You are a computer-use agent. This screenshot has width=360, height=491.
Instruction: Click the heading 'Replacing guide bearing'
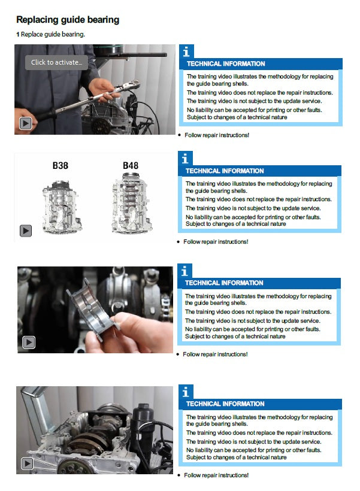(68, 20)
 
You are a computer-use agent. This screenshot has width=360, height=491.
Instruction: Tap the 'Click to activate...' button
(56, 62)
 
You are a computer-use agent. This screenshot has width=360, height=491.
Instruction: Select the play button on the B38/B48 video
(26, 231)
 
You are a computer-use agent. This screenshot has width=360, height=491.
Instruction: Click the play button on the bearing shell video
(29, 343)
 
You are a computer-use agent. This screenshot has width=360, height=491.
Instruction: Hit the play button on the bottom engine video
(28, 463)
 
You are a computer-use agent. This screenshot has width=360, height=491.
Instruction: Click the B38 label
(60, 165)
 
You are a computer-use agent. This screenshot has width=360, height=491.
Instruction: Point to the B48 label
(131, 165)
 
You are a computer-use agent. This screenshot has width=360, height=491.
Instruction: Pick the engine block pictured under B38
(62, 207)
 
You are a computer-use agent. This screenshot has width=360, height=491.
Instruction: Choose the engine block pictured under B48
(132, 204)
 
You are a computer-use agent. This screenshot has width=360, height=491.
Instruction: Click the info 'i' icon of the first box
(186, 51)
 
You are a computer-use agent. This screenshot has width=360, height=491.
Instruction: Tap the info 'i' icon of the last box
(186, 392)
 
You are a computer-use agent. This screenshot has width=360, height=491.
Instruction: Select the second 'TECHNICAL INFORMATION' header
(225, 171)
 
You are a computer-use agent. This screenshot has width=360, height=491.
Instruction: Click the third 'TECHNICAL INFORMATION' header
(224, 283)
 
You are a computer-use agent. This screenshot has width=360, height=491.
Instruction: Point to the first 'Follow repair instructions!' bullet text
(217, 135)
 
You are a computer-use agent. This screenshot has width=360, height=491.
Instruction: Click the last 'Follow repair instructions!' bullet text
(216, 475)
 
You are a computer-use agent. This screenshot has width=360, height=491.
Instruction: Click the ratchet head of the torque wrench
(130, 84)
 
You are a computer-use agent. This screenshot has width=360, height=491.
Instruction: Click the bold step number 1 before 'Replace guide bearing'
(18, 35)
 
